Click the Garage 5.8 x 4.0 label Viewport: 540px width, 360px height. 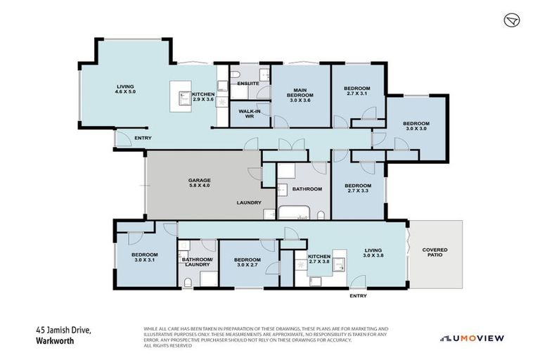[x=199, y=184]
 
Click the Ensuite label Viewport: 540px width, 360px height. [x=248, y=84]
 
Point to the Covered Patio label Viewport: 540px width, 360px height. [x=435, y=254]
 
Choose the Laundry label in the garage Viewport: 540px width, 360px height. [x=248, y=203]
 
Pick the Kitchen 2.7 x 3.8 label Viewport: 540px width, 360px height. [x=319, y=259]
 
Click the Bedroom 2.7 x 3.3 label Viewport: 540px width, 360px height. [x=357, y=188]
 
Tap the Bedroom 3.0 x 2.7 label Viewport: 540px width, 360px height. [x=247, y=264]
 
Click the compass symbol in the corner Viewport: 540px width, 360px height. [x=512, y=21]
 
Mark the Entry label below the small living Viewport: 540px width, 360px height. [x=358, y=296]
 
